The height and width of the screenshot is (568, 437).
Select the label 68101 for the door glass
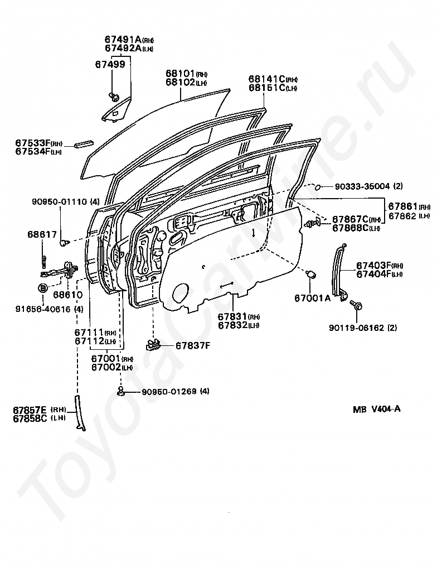(179, 73)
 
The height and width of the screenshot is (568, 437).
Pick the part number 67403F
(375, 266)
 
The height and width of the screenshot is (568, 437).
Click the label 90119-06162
(355, 328)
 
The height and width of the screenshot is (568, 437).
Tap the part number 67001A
(312, 298)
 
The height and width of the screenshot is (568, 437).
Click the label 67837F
(192, 345)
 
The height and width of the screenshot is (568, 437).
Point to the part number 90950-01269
(166, 391)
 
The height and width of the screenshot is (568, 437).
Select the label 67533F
(32, 143)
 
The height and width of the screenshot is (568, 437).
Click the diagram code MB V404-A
(376, 408)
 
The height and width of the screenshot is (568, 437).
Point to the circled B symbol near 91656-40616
(43, 288)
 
